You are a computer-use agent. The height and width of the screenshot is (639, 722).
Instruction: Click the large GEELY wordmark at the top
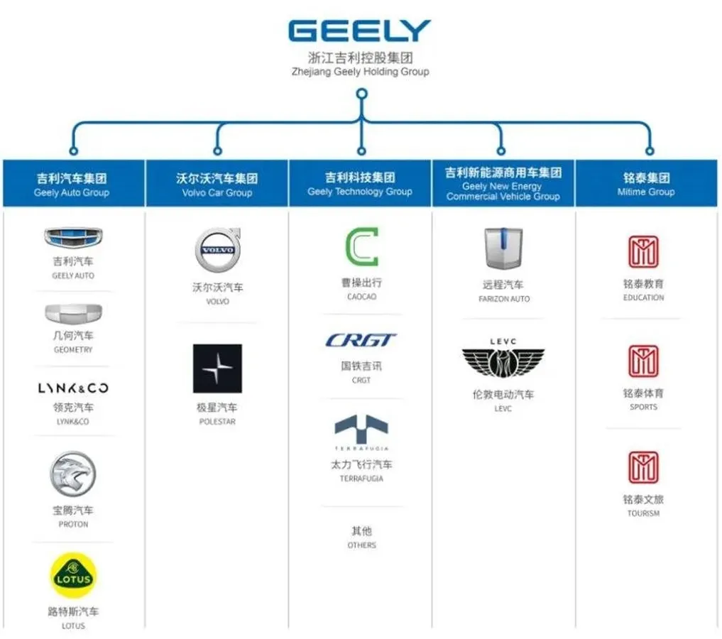click(360, 31)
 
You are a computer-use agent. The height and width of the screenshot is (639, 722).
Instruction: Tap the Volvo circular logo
click(217, 251)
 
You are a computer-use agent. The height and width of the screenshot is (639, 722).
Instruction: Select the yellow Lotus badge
click(73, 575)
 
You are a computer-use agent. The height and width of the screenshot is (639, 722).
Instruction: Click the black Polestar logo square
click(217, 368)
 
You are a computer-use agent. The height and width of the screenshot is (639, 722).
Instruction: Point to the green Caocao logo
click(361, 247)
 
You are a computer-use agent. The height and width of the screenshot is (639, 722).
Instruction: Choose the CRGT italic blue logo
click(361, 341)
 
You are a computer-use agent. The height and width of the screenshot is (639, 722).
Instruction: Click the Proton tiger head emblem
click(72, 474)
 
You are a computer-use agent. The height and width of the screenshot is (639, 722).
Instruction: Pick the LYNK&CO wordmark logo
click(73, 388)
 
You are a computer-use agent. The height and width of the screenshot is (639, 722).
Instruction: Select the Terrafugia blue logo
click(361, 430)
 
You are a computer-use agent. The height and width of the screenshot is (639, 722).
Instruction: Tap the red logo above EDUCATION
click(643, 251)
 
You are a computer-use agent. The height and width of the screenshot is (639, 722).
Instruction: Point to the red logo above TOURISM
click(643, 467)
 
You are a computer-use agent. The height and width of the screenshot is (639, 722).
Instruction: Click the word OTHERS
click(361, 545)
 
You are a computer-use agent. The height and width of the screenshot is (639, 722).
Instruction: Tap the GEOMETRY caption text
click(73, 350)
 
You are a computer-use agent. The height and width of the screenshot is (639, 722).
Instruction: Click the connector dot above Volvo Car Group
click(217, 151)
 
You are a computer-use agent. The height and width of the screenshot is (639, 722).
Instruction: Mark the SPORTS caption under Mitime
click(643, 408)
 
